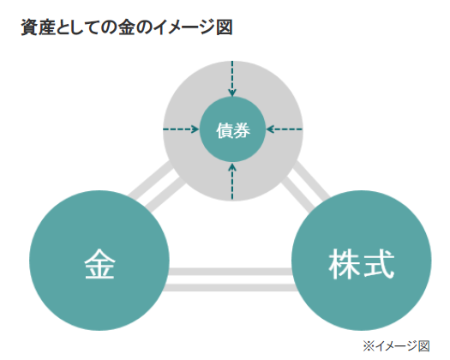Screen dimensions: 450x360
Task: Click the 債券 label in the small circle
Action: (x=233, y=131)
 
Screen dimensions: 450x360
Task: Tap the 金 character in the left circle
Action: (x=99, y=264)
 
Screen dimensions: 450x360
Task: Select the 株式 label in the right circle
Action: (x=362, y=264)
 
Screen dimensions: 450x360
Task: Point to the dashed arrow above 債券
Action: (x=232, y=78)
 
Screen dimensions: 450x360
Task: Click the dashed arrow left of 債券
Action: (x=181, y=129)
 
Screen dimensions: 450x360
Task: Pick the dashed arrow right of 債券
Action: (x=284, y=129)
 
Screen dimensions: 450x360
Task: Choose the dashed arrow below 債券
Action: (x=232, y=181)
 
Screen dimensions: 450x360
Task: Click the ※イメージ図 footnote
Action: (x=396, y=346)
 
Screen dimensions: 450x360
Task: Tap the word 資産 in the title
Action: (x=38, y=27)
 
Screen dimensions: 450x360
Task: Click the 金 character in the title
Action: (x=127, y=27)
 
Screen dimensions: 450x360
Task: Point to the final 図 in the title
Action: (x=225, y=27)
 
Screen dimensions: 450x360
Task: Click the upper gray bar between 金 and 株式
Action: (x=231, y=272)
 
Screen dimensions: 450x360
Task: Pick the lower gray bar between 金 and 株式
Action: (x=231, y=288)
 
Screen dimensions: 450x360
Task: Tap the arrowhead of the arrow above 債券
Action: (x=232, y=93)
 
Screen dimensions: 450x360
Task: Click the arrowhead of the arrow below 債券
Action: (x=232, y=166)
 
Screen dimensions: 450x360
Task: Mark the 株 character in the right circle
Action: (x=345, y=264)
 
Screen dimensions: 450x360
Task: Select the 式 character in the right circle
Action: (x=379, y=264)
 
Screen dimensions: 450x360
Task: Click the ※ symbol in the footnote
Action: (x=369, y=346)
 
